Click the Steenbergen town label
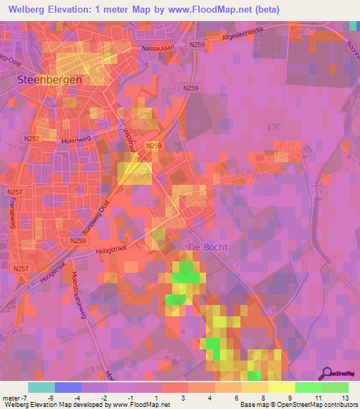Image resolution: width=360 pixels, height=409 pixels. point(49,80)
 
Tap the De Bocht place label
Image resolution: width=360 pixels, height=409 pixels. point(208,247)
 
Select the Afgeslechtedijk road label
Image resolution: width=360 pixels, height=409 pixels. point(250,36)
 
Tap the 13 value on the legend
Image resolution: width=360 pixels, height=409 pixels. point(344,398)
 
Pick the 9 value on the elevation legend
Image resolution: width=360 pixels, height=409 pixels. point(290,398)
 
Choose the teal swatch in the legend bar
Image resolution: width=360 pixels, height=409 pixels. point(41,387)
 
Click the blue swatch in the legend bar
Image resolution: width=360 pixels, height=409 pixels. point(68,387)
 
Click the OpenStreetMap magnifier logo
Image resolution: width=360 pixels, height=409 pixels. point(326,375)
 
